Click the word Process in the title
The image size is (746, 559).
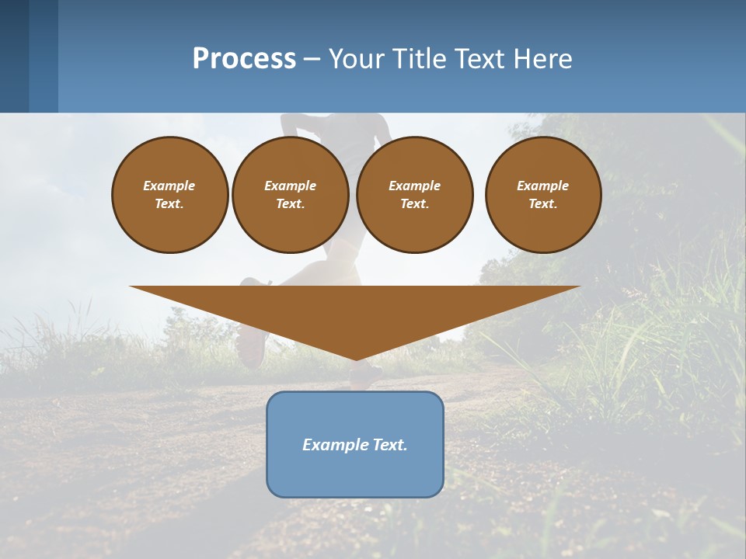[x=244, y=59]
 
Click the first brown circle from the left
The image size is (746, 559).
[x=170, y=195]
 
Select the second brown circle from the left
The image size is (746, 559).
[x=291, y=195]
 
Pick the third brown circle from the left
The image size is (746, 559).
[x=415, y=195]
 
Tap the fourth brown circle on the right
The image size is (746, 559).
[x=543, y=195]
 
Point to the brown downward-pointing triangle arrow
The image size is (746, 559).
[x=355, y=311]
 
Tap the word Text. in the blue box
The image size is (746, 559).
[x=389, y=445]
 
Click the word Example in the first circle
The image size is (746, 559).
[x=169, y=186]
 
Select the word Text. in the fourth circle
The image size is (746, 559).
[x=543, y=204]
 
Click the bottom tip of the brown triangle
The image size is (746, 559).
[x=356, y=358]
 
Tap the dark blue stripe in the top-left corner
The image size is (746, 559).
[x=14, y=56]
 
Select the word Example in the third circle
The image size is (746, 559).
[x=415, y=186]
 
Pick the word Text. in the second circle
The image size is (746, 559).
[x=291, y=204]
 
